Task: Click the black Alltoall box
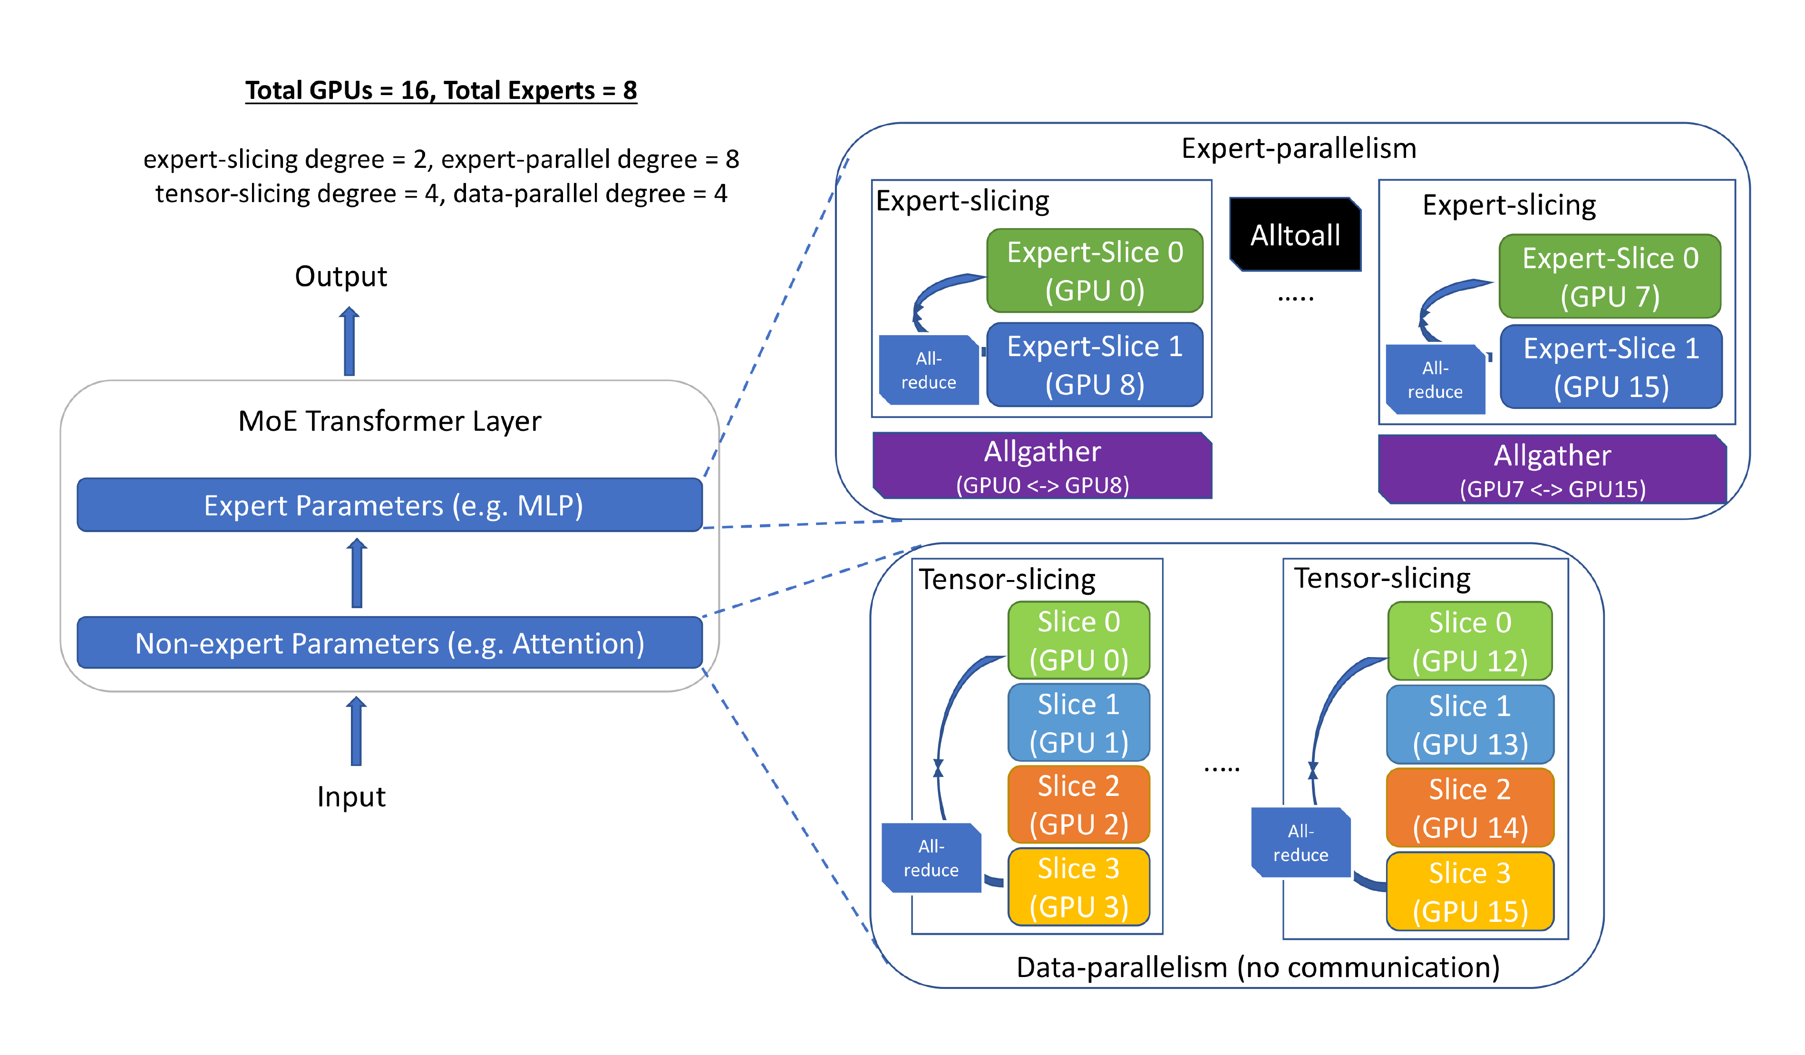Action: tap(1295, 235)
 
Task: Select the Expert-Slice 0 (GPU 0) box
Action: tap(1095, 271)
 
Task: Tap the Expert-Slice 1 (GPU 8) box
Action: tap(1095, 365)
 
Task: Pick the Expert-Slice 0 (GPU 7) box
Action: tap(1610, 276)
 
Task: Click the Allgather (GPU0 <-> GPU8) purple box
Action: tap(1042, 465)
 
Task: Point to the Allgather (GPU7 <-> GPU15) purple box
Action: tap(1552, 470)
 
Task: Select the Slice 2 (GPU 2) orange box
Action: tap(1078, 804)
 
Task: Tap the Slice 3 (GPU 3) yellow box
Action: tap(1078, 887)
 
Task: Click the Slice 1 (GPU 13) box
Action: tap(1470, 724)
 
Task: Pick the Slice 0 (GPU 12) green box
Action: tap(1470, 641)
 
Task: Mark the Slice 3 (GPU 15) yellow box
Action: tap(1470, 891)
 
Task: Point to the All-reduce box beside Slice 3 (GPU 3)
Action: tap(931, 857)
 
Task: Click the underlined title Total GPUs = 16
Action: tap(440, 90)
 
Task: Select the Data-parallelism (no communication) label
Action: tap(1258, 967)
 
